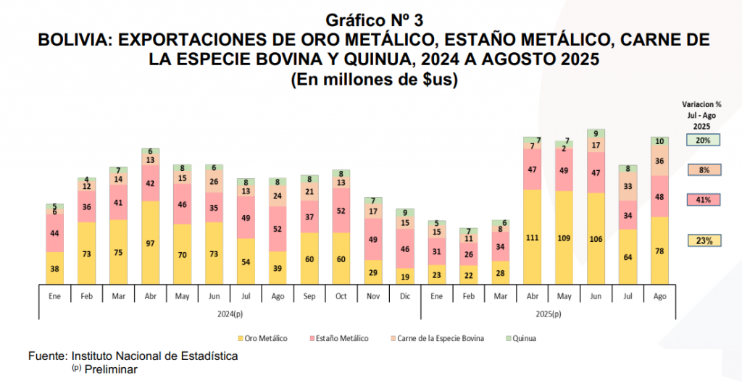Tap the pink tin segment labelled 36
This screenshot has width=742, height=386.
(x=86, y=206)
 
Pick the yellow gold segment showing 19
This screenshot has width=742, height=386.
(x=404, y=276)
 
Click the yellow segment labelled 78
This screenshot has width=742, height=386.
(x=659, y=251)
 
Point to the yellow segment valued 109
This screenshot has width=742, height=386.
(x=564, y=238)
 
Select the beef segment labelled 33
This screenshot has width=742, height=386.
(x=628, y=185)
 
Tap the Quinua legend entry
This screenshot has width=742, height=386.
(x=522, y=338)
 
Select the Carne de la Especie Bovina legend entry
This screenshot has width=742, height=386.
(x=439, y=338)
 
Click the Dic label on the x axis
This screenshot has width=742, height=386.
(x=404, y=295)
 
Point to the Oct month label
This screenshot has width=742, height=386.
(x=341, y=295)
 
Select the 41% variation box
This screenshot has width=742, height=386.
(x=703, y=200)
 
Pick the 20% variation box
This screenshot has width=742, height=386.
(x=703, y=140)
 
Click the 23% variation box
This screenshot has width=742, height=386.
(x=703, y=241)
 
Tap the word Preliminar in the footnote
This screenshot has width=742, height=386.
(x=110, y=369)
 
